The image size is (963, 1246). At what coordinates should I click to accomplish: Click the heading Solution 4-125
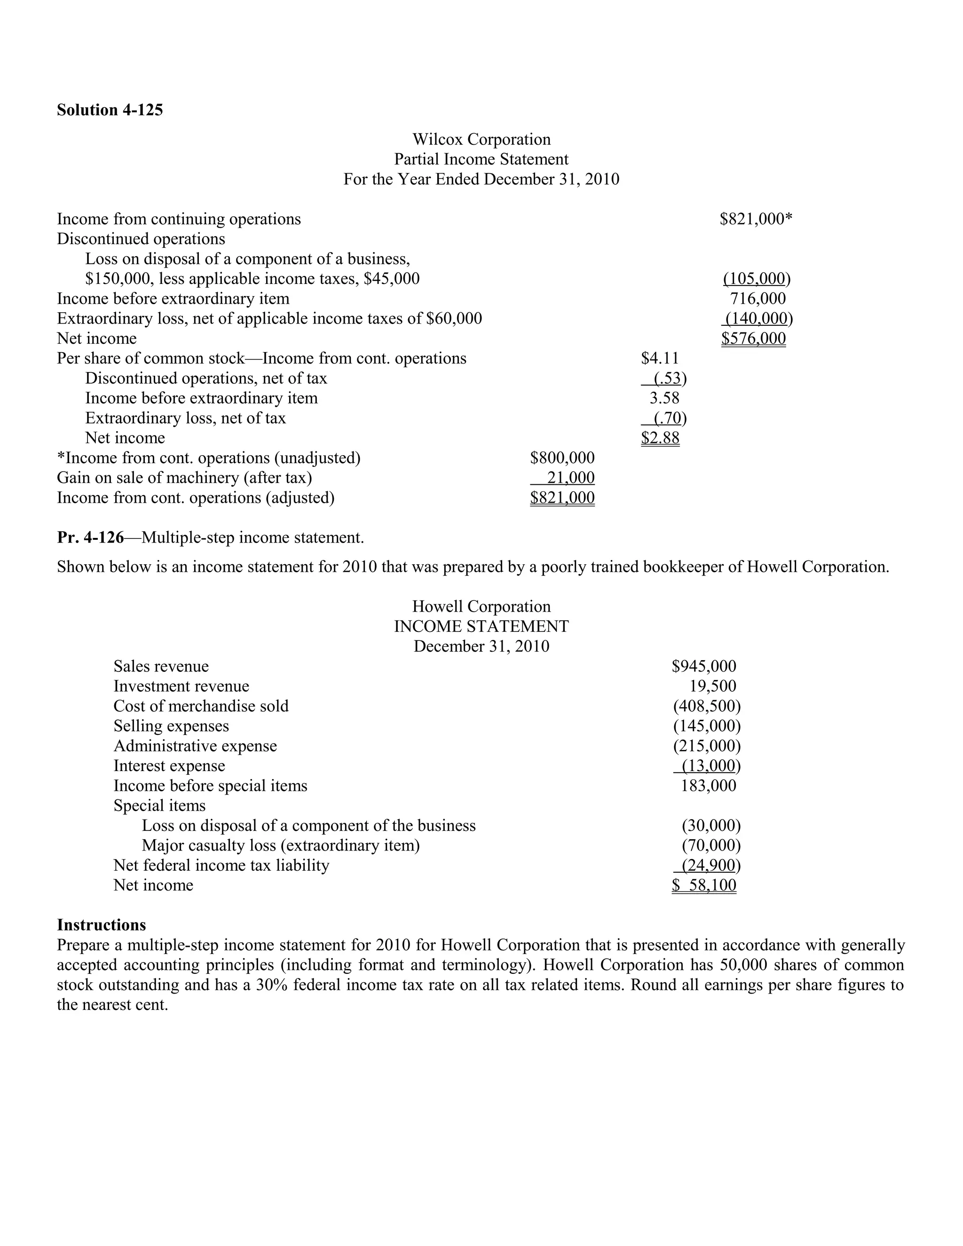click(x=110, y=110)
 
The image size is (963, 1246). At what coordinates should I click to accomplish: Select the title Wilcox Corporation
click(x=481, y=139)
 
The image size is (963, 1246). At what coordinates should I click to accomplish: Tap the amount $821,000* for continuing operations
click(x=756, y=219)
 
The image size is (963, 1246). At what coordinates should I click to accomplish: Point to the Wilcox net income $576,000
click(x=753, y=339)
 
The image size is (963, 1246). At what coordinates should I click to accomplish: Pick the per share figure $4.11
click(x=660, y=358)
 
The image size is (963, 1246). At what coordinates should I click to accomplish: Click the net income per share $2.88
click(x=660, y=438)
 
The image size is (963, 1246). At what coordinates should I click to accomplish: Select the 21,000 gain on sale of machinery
click(x=570, y=478)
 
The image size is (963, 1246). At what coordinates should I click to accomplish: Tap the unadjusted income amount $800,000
click(x=562, y=457)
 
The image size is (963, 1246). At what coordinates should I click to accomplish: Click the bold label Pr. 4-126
click(x=90, y=537)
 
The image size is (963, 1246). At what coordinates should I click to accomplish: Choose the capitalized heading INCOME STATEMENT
click(x=481, y=626)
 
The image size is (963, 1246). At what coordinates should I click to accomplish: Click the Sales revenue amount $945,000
click(x=703, y=666)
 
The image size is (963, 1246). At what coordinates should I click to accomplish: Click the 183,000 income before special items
click(x=708, y=786)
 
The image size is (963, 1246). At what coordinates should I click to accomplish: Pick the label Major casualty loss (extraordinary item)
click(x=280, y=845)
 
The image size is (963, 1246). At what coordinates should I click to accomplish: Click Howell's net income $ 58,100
click(x=703, y=885)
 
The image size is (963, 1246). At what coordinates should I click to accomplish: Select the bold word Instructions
click(x=101, y=925)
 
